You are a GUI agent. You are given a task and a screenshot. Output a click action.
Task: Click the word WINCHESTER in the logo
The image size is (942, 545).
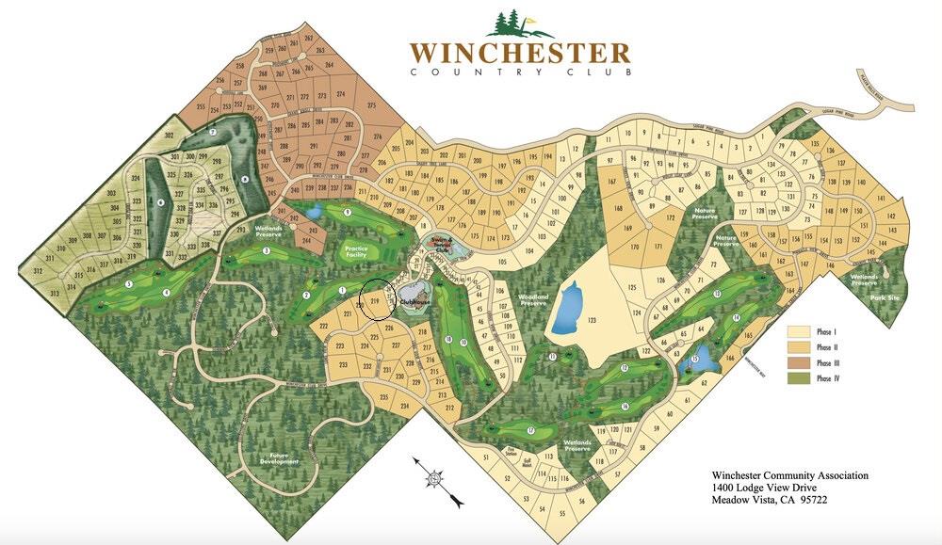click(519, 52)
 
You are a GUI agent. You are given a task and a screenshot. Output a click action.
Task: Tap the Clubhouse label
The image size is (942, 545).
click(414, 302)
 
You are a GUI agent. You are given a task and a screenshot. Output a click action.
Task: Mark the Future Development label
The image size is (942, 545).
click(280, 458)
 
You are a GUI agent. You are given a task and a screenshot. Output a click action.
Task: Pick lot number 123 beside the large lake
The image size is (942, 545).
click(592, 321)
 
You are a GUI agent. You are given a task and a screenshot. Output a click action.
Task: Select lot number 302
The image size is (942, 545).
click(169, 137)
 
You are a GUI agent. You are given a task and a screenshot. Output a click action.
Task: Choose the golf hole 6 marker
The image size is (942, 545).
click(160, 201)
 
